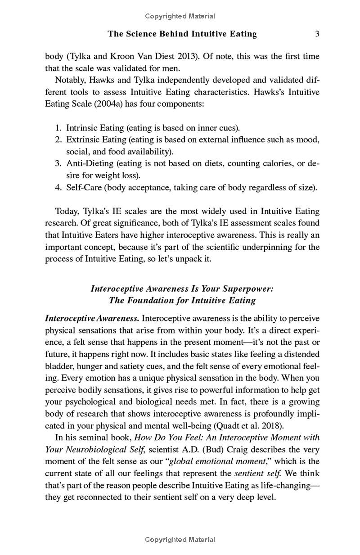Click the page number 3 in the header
click(317, 34)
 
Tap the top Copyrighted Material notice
click(180, 16)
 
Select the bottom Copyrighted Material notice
click(180, 539)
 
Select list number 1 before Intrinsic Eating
click(58, 128)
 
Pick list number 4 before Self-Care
click(58, 187)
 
